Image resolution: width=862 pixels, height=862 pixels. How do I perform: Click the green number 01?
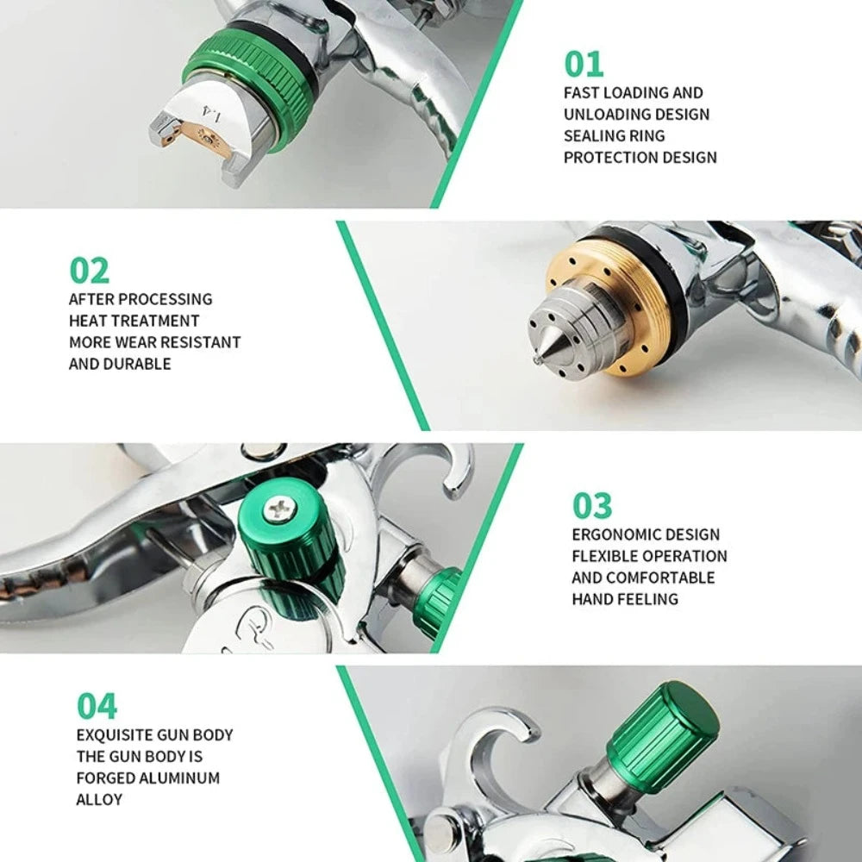tap(584, 64)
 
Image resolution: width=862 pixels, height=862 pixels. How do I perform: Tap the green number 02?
tap(90, 270)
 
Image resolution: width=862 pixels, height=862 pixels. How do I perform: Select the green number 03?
tap(592, 506)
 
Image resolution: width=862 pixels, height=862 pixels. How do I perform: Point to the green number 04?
tap(97, 706)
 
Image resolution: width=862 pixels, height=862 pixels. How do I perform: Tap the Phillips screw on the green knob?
tap(279, 510)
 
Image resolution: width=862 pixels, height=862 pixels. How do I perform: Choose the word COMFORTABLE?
tap(660, 578)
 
